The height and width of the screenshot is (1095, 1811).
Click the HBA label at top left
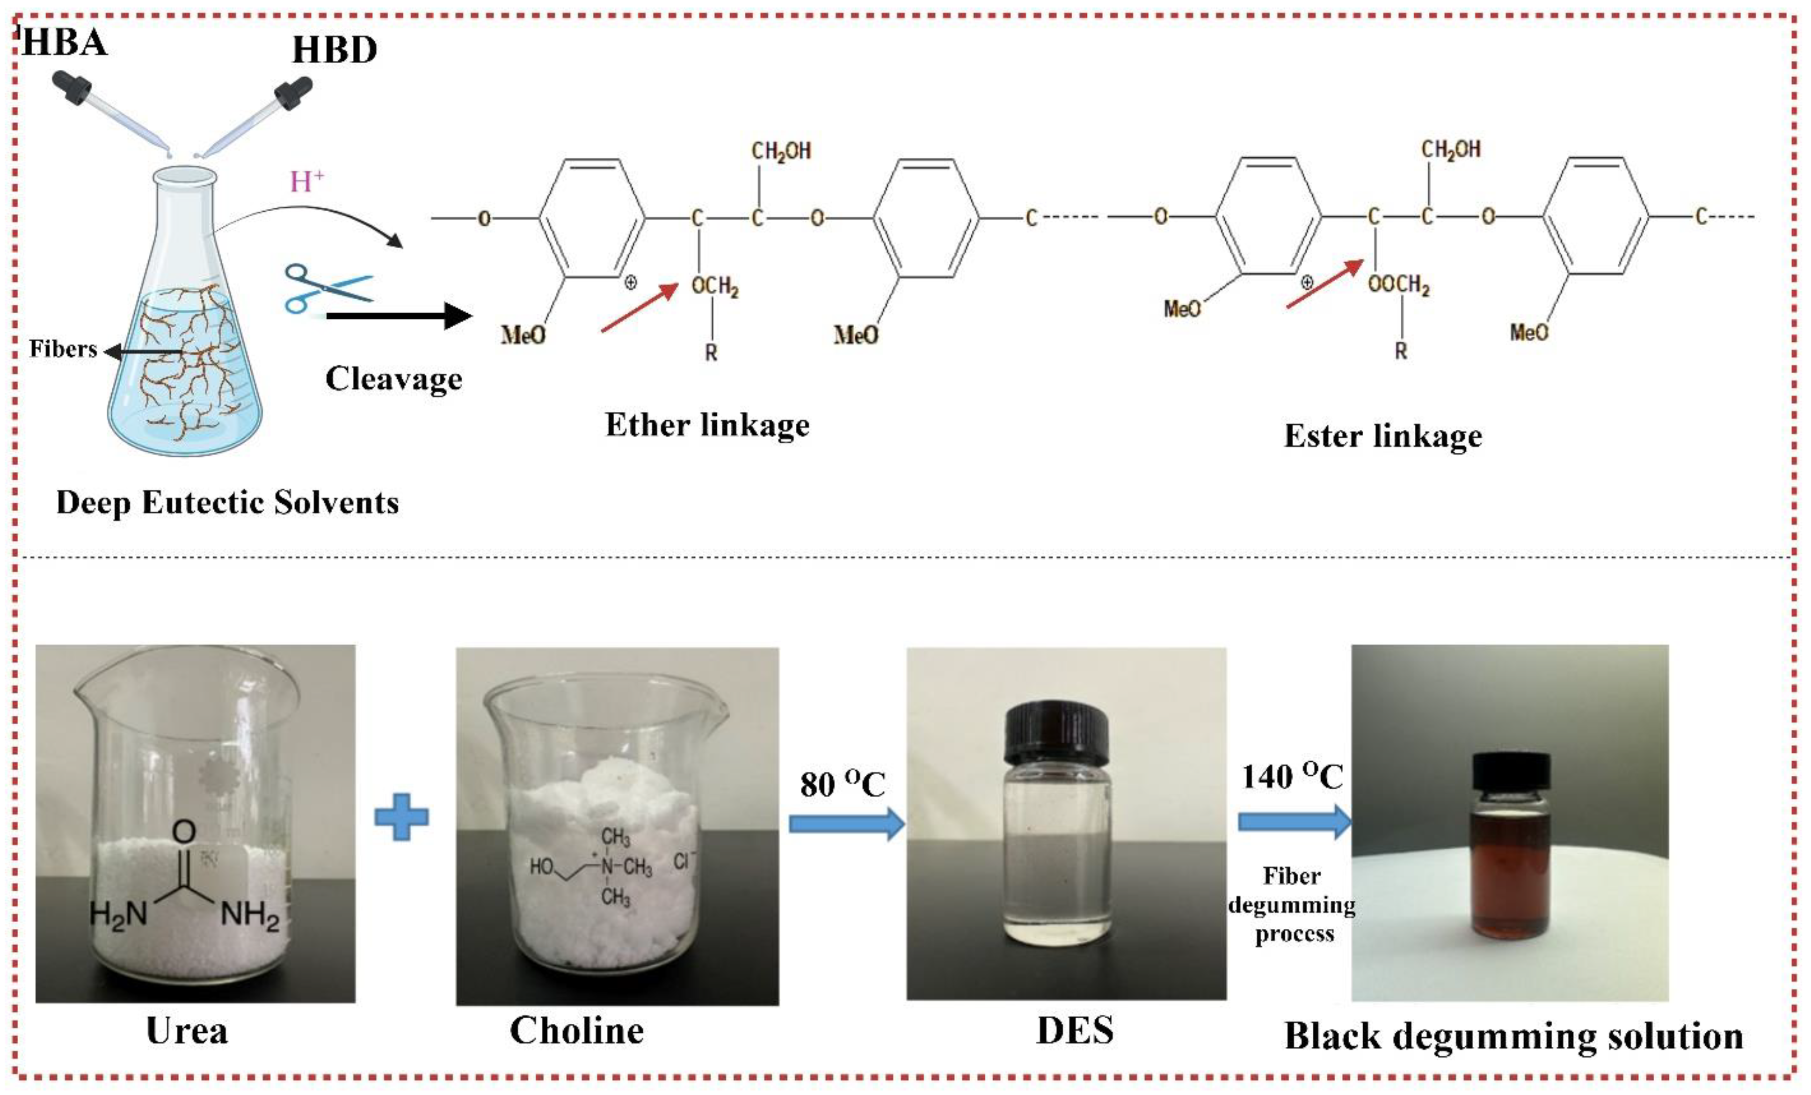(65, 42)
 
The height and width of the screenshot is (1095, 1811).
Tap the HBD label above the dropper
(335, 50)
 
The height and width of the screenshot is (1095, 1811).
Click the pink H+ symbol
(306, 181)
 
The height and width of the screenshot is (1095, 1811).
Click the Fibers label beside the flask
(63, 349)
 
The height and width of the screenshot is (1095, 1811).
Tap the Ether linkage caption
(707, 425)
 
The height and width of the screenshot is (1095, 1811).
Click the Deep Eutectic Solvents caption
(227, 503)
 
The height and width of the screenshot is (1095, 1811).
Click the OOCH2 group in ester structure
(1399, 285)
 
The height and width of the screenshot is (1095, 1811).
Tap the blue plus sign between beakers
(401, 817)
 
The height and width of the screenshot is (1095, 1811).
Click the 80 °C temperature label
(842, 784)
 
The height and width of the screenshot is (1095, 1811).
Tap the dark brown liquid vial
(1511, 868)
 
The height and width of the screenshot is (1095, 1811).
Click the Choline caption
(576, 1031)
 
